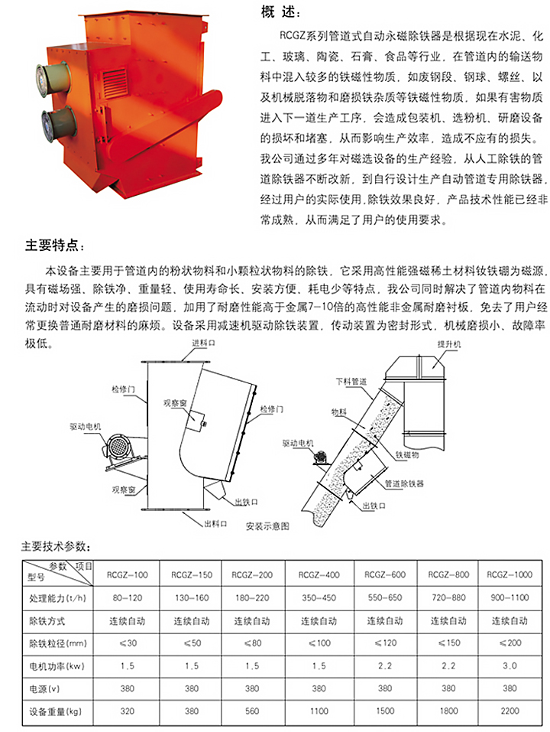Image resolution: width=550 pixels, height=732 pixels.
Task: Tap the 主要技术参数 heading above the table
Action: (x=55, y=547)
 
